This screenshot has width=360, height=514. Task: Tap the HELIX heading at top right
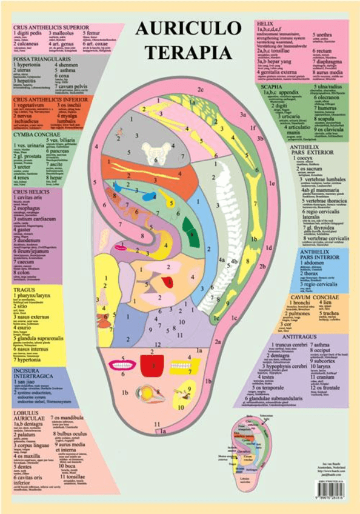[x=265, y=22]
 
